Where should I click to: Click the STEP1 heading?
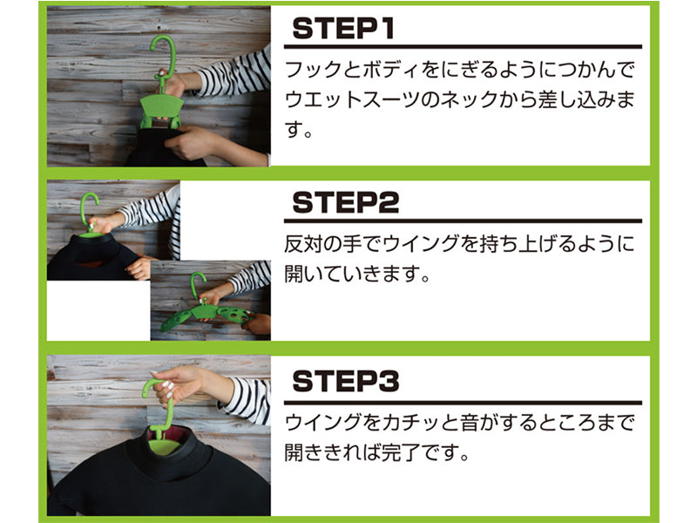(343, 29)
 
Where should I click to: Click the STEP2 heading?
(345, 203)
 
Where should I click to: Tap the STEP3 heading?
(345, 381)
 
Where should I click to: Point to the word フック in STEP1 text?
(313, 71)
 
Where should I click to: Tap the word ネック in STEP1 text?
(469, 100)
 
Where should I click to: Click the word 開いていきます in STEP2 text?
(351, 274)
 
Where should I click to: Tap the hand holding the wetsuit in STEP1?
(191, 141)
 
